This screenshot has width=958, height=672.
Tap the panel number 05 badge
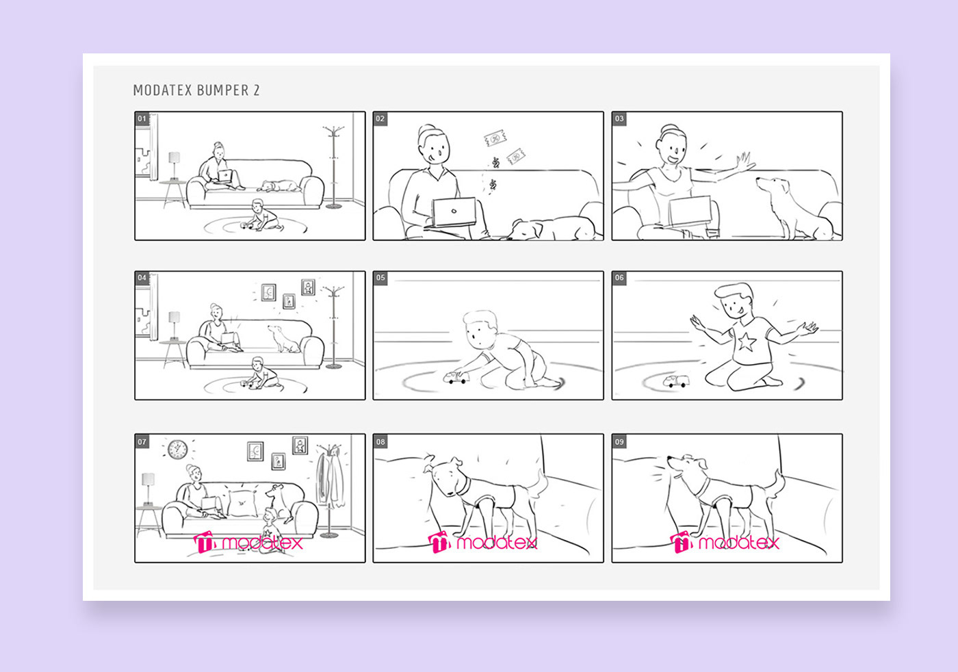[380, 278]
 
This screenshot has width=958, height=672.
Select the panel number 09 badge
[619, 441]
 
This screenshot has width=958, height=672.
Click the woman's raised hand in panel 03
[745, 162]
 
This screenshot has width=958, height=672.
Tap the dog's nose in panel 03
[758, 180]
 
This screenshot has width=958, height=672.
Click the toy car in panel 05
[456, 377]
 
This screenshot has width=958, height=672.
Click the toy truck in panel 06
[676, 380]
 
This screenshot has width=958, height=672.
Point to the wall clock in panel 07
[177, 450]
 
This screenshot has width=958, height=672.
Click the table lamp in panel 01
[174, 166]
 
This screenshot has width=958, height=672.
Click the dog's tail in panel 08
[539, 485]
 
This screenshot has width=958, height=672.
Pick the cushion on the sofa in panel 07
[242, 503]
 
